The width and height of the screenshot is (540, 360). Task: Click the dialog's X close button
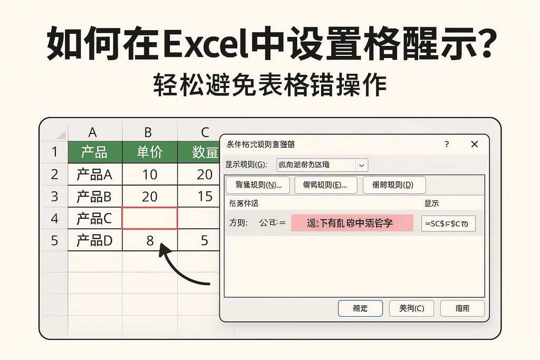[474, 144]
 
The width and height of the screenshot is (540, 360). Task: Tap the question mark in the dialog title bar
[447, 144]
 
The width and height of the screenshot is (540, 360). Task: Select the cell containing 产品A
[95, 174]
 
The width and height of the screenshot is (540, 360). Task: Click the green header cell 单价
[150, 152]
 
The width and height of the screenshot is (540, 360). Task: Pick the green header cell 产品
[95, 152]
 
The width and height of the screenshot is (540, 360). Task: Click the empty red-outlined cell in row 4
[150, 218]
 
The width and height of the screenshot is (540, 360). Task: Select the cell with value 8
[150, 240]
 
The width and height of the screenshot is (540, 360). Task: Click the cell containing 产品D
[95, 240]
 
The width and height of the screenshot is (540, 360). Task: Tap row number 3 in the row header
[54, 197]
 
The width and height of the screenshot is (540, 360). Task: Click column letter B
[148, 132]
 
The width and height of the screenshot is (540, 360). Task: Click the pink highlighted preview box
[352, 223]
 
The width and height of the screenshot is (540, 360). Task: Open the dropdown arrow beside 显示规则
[361, 165]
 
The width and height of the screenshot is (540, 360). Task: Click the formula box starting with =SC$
[448, 223]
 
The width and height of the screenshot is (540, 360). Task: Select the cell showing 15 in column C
[204, 197]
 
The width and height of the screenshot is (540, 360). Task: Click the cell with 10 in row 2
[150, 174]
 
